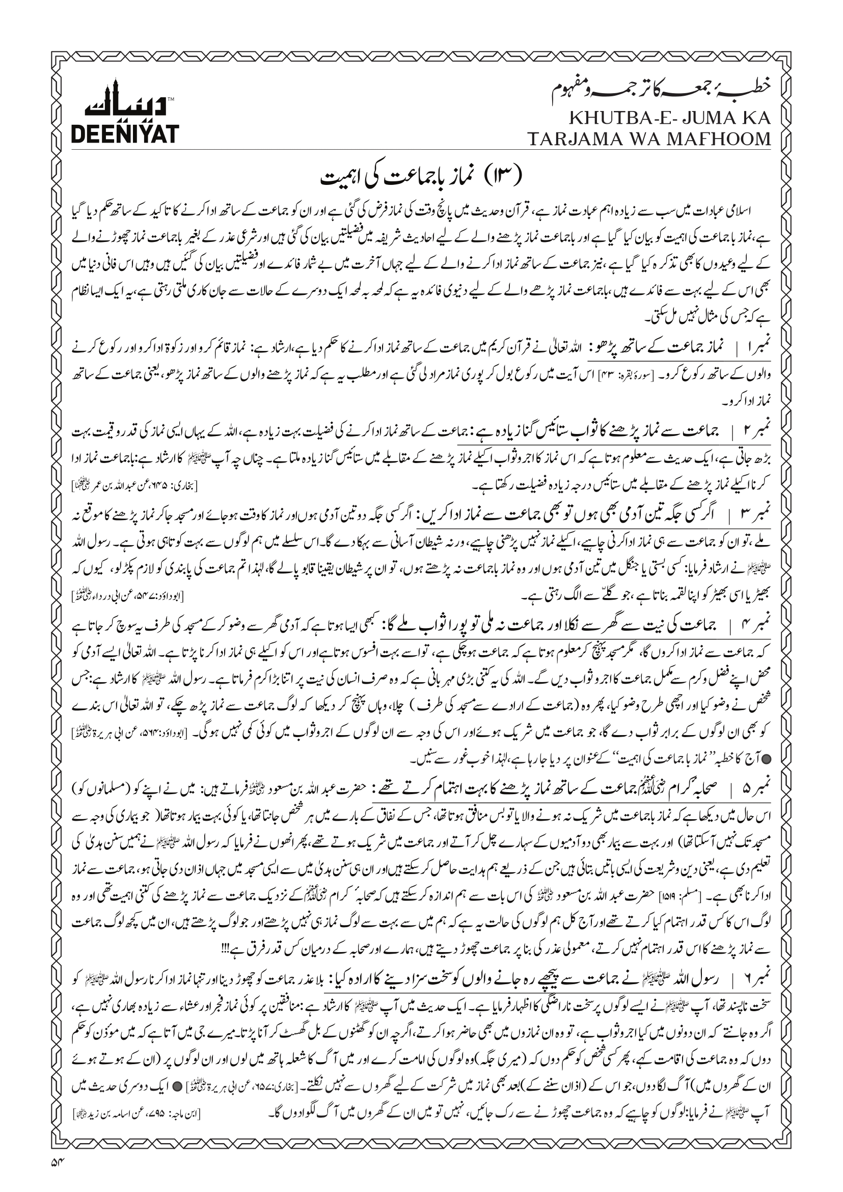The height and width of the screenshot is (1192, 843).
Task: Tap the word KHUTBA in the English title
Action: click(603, 118)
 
